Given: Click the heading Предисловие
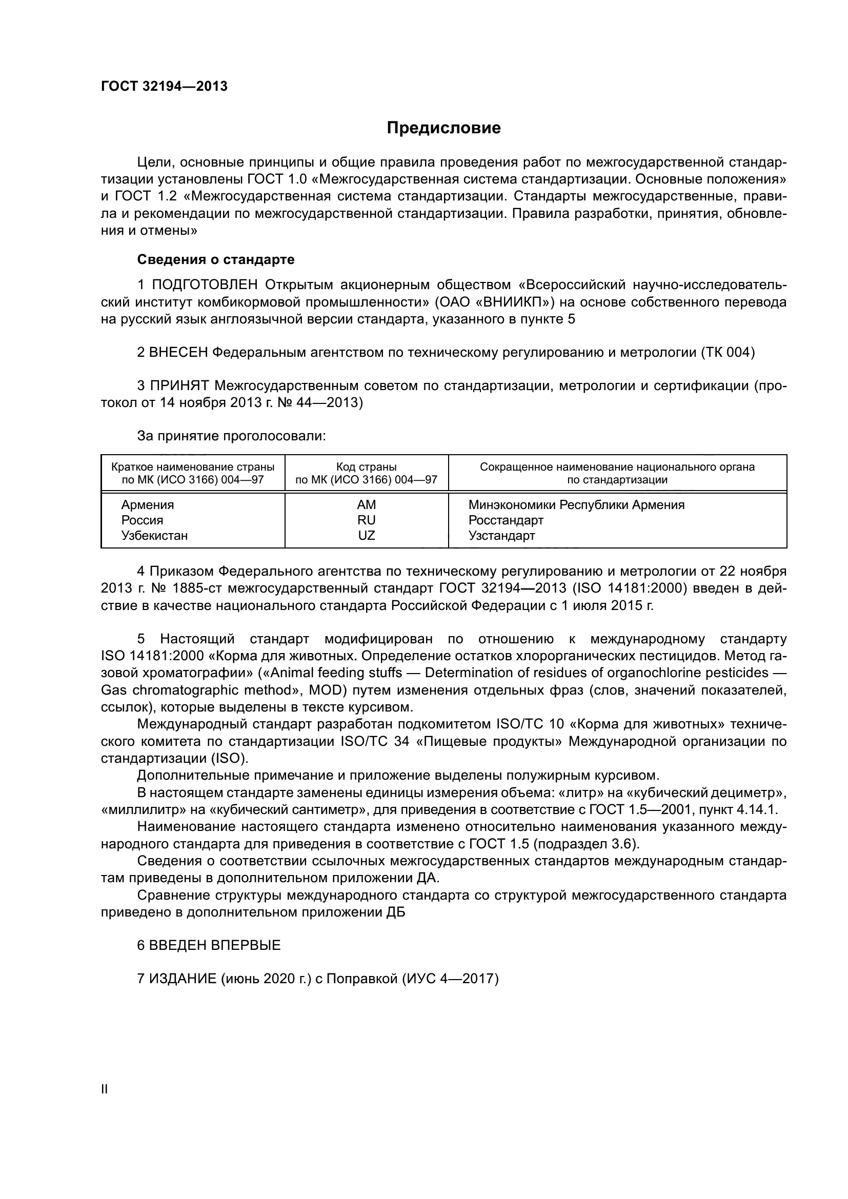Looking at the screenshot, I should pyautogui.click(x=443, y=128).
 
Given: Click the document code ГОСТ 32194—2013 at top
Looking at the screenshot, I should pyautogui.click(x=164, y=87).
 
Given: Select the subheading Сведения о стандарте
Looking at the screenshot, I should pyautogui.click(x=216, y=259).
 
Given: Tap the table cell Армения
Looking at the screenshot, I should pyautogui.click(x=148, y=505).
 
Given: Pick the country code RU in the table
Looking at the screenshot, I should pyautogui.click(x=367, y=520).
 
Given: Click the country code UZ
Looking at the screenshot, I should pyautogui.click(x=367, y=535).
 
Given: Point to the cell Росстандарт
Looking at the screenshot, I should pyautogui.click(x=506, y=520).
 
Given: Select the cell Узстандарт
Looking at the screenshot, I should pyautogui.click(x=501, y=535).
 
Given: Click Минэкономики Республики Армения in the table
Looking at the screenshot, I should pyautogui.click(x=576, y=505).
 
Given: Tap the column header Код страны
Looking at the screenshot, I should pyautogui.click(x=366, y=467).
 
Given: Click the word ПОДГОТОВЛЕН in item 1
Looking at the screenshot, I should pyautogui.click(x=205, y=285).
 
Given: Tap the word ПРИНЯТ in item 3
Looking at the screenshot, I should pyautogui.click(x=179, y=386).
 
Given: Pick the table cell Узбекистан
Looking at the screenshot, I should pyautogui.click(x=154, y=535).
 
